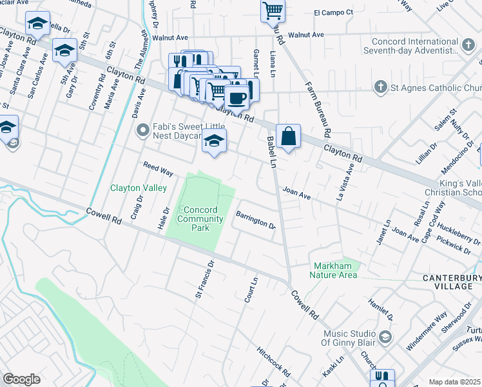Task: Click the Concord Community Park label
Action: coord(200,219)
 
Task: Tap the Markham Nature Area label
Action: coord(334,271)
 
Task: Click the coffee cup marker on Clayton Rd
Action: coord(237,98)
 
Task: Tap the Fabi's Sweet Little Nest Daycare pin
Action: coord(142,130)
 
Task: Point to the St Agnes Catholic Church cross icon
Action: coord(381,87)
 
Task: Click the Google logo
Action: coord(21,379)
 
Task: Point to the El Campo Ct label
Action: coord(334,12)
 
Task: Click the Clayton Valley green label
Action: coord(139,188)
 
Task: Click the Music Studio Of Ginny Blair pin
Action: coord(385,337)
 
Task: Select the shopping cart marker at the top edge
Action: coord(273,10)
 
